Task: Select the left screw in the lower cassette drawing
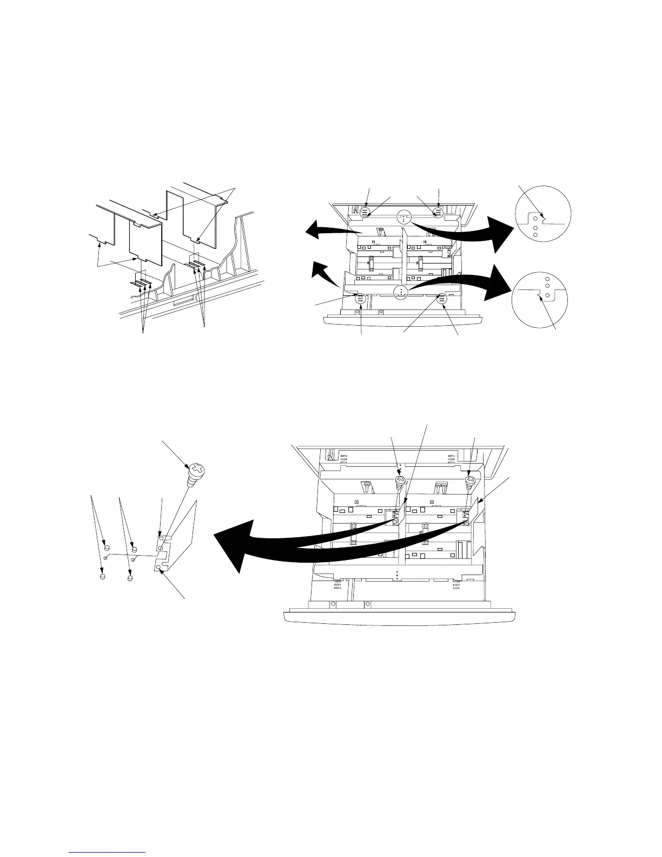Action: pos(400,479)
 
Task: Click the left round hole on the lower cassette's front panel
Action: pos(333,603)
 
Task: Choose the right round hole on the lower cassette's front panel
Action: pos(367,603)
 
